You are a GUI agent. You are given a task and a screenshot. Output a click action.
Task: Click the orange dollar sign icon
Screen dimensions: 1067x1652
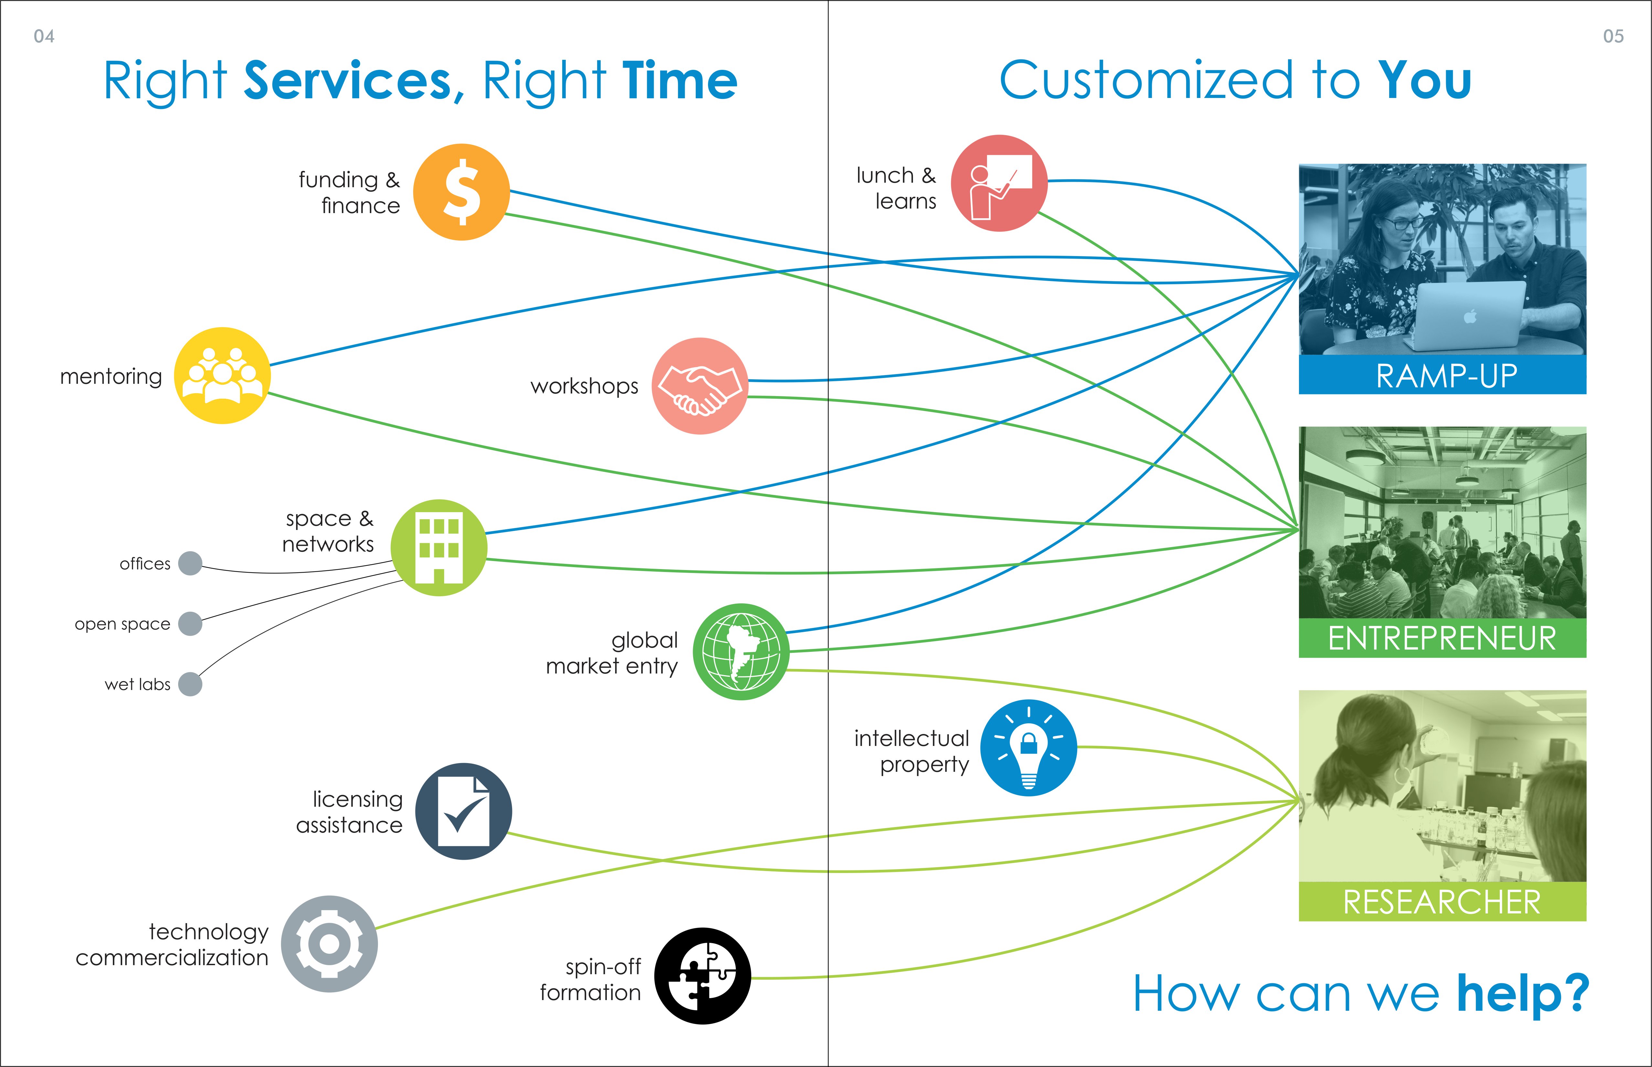pos(461,192)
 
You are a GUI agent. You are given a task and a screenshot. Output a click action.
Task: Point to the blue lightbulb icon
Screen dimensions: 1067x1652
pos(1029,748)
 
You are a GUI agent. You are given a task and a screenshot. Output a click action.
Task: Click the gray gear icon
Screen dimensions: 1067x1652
pos(329,944)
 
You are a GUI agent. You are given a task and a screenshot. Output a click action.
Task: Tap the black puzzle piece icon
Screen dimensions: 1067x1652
pos(703,975)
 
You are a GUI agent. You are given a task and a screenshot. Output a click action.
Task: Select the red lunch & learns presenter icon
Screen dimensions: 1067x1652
pos(999,183)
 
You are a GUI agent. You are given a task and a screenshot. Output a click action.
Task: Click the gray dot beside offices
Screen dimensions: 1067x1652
pos(190,563)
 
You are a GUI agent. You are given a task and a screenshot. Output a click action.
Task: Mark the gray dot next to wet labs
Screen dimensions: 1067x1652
pos(190,684)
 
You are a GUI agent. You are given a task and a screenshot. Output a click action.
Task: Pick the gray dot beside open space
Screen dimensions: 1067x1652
pos(190,624)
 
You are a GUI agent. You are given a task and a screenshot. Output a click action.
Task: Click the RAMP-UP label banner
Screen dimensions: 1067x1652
pos(1442,375)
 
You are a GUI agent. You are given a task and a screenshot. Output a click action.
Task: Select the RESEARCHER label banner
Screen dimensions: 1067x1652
pos(1442,901)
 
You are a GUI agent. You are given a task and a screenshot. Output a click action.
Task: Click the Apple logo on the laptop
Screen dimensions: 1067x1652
pos(1470,317)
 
